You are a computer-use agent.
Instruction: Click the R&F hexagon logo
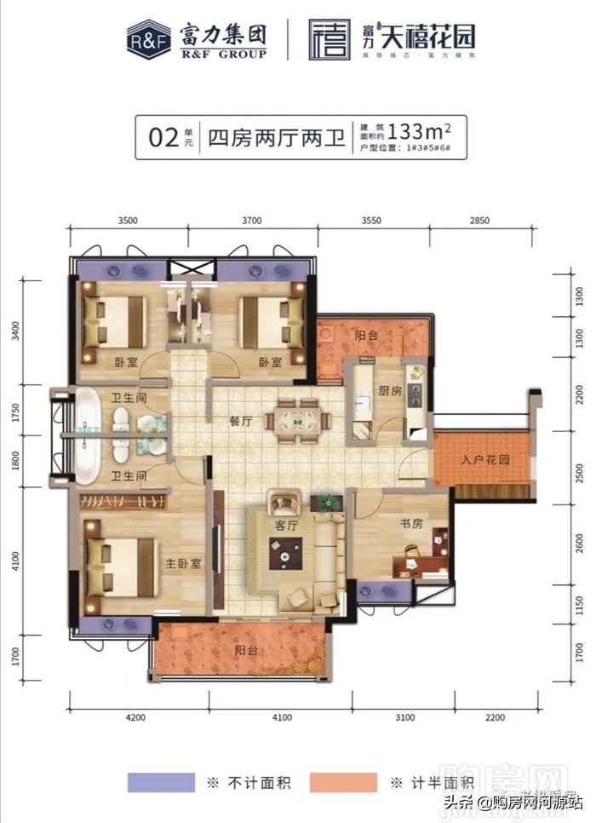[x=148, y=40]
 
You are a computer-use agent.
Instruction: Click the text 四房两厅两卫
[x=277, y=137]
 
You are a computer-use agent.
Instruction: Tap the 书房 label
[x=411, y=524]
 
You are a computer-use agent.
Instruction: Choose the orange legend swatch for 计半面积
[x=343, y=782]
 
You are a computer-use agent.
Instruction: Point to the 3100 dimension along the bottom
[x=405, y=717]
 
